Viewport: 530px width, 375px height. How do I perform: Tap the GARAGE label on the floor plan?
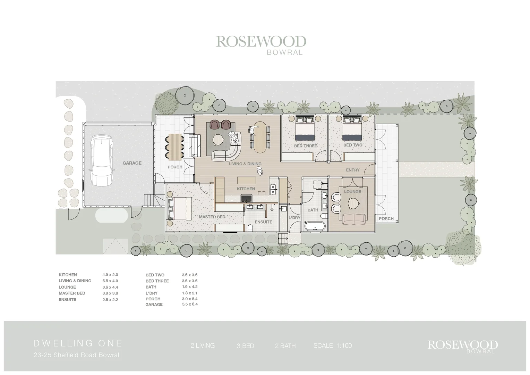(x=132, y=163)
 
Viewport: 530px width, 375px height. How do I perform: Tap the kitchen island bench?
(x=246, y=180)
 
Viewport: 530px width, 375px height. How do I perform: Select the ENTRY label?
(x=352, y=170)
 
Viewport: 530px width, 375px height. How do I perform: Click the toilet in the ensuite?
(x=250, y=228)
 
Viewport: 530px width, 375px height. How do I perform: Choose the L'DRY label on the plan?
(x=294, y=218)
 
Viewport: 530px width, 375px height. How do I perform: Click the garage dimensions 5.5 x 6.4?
(x=190, y=305)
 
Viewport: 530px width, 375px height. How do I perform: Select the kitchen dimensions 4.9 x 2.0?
(x=110, y=275)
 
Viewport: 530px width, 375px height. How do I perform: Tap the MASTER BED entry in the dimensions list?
(x=72, y=293)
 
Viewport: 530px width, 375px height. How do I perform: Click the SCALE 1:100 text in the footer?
(x=332, y=345)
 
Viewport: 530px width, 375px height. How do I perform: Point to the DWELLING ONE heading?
(x=78, y=343)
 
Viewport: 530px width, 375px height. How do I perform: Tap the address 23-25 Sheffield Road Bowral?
(x=76, y=355)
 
